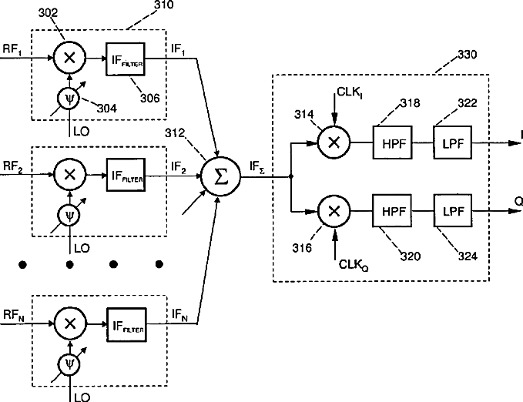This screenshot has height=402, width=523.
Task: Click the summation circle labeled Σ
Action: point(220,176)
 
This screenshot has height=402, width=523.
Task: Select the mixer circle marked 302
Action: point(70,56)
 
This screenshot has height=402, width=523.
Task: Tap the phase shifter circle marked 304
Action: point(70,98)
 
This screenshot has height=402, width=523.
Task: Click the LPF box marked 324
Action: point(451,209)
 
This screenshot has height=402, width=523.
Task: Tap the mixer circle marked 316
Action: point(334,209)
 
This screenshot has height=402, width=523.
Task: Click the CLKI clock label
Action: point(348,92)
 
